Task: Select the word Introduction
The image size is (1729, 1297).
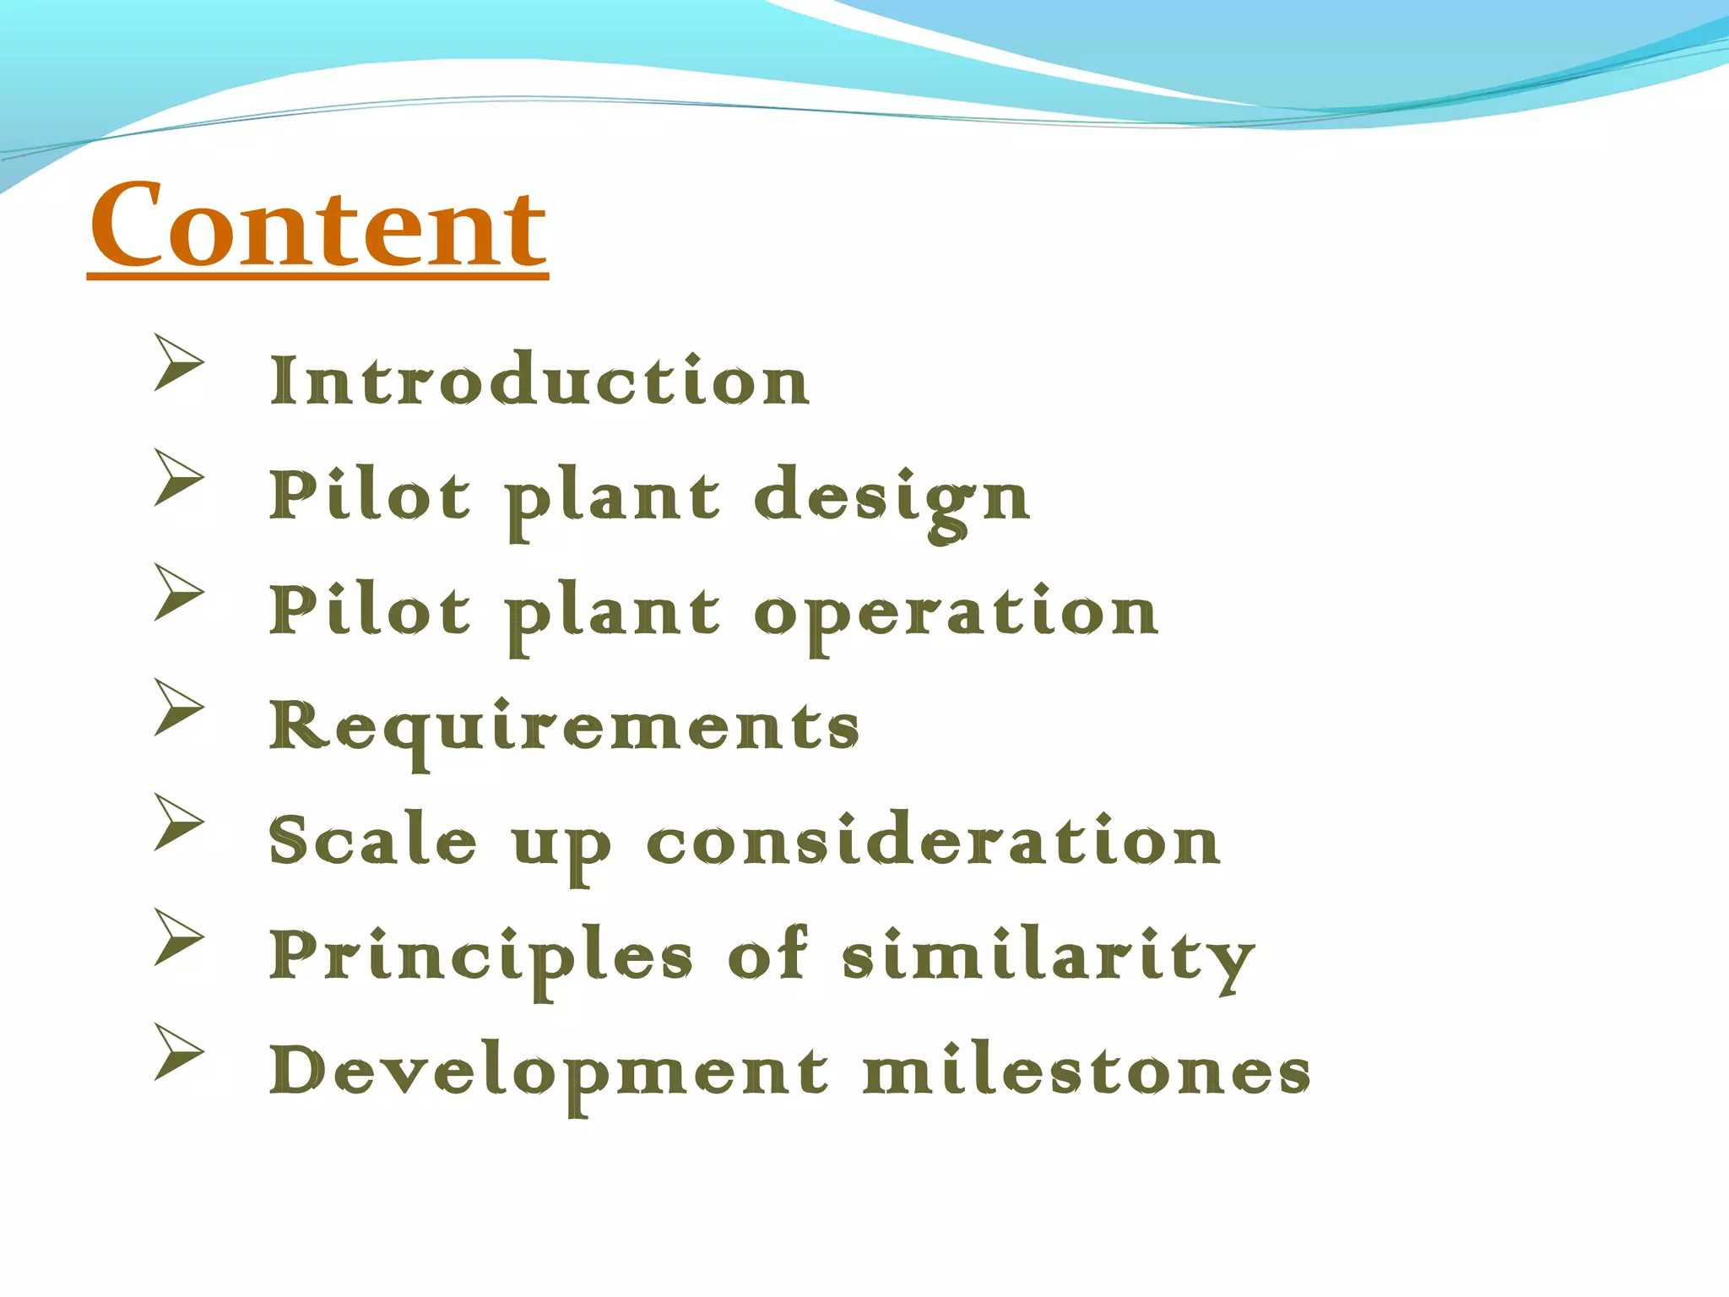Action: pos(539,381)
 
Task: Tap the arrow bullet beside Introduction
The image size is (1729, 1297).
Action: pos(178,362)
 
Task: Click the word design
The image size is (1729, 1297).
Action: pos(892,498)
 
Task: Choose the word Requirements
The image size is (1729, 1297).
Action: pos(564,728)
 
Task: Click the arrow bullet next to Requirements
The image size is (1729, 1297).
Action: pos(178,707)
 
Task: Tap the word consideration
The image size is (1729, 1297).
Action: pos(933,841)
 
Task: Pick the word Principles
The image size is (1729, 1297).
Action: pos(481,957)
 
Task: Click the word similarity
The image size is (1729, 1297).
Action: pos(1049,957)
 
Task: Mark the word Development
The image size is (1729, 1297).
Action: pos(549,1072)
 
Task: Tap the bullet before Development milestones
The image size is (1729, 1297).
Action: pos(178,1051)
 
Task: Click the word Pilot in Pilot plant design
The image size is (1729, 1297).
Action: pos(369,496)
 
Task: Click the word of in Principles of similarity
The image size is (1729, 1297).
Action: pos(767,954)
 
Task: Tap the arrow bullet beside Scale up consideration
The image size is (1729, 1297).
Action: pos(178,822)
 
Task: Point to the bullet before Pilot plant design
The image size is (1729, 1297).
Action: pos(178,477)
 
